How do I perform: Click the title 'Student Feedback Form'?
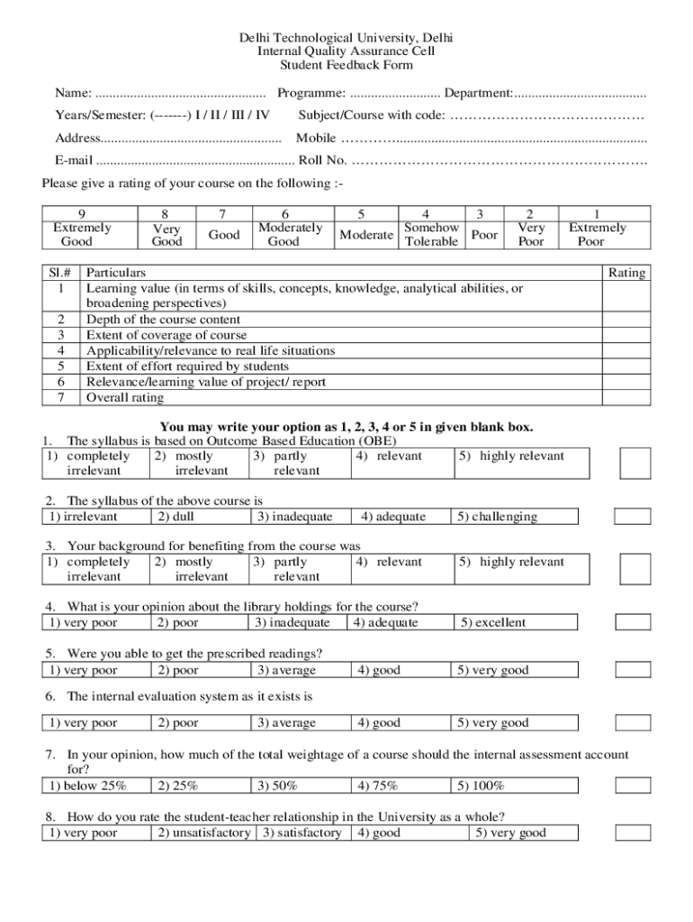point(346,66)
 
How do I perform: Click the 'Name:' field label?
point(73,94)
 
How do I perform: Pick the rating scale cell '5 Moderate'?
point(365,228)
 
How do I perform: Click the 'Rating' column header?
point(626,273)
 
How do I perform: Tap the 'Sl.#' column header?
point(61,273)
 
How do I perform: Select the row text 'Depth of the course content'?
point(163,320)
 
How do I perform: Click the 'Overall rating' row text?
point(125,397)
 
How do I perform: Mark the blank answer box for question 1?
point(634,463)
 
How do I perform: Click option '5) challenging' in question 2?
point(497,517)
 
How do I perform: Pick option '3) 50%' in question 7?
point(277,786)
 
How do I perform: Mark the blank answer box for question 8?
point(633,833)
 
